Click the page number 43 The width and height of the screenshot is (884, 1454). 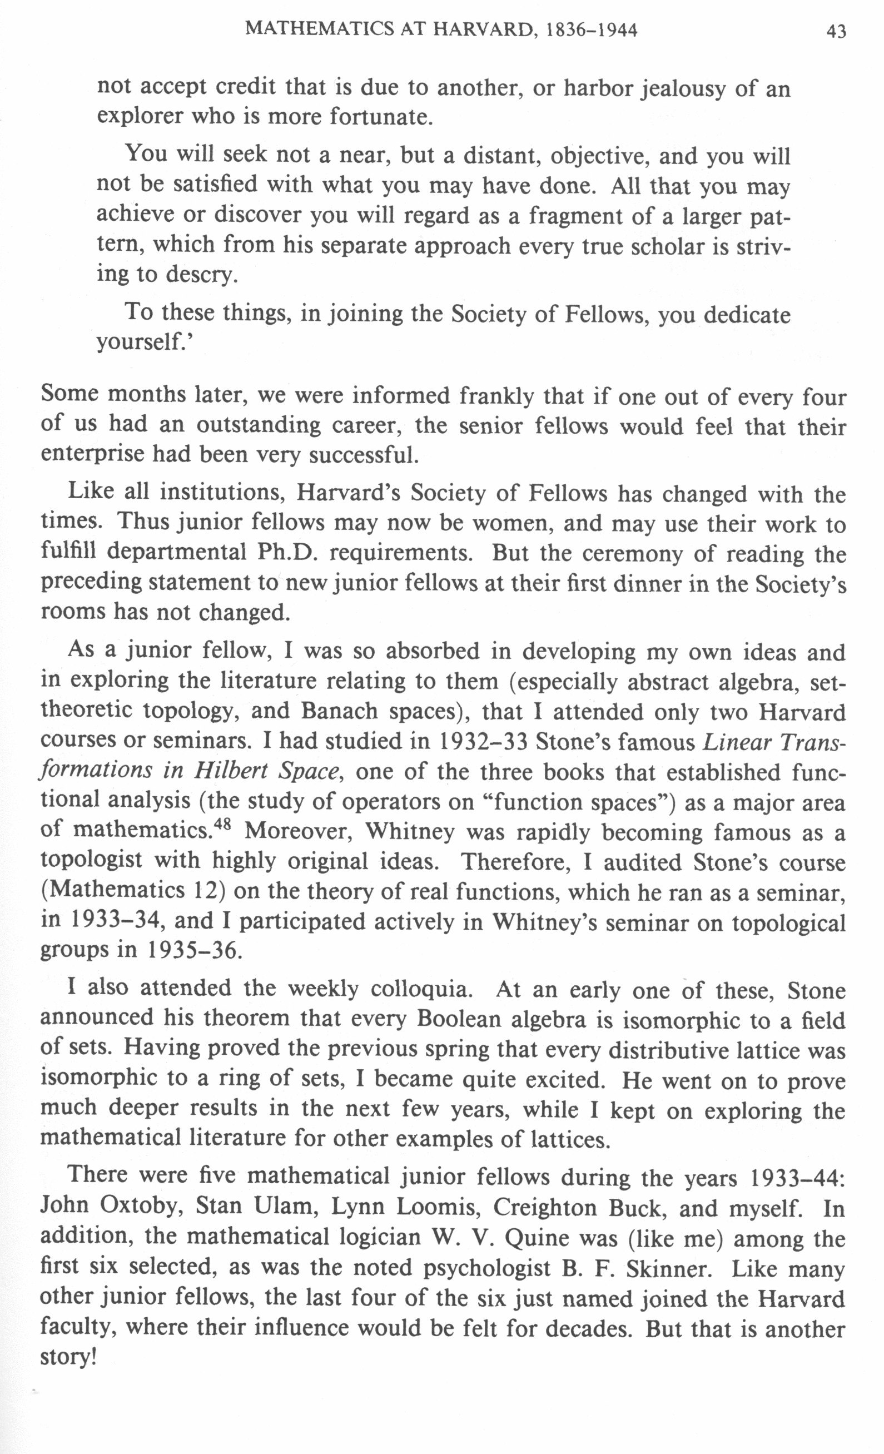836,31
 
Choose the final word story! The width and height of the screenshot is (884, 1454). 67,1358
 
